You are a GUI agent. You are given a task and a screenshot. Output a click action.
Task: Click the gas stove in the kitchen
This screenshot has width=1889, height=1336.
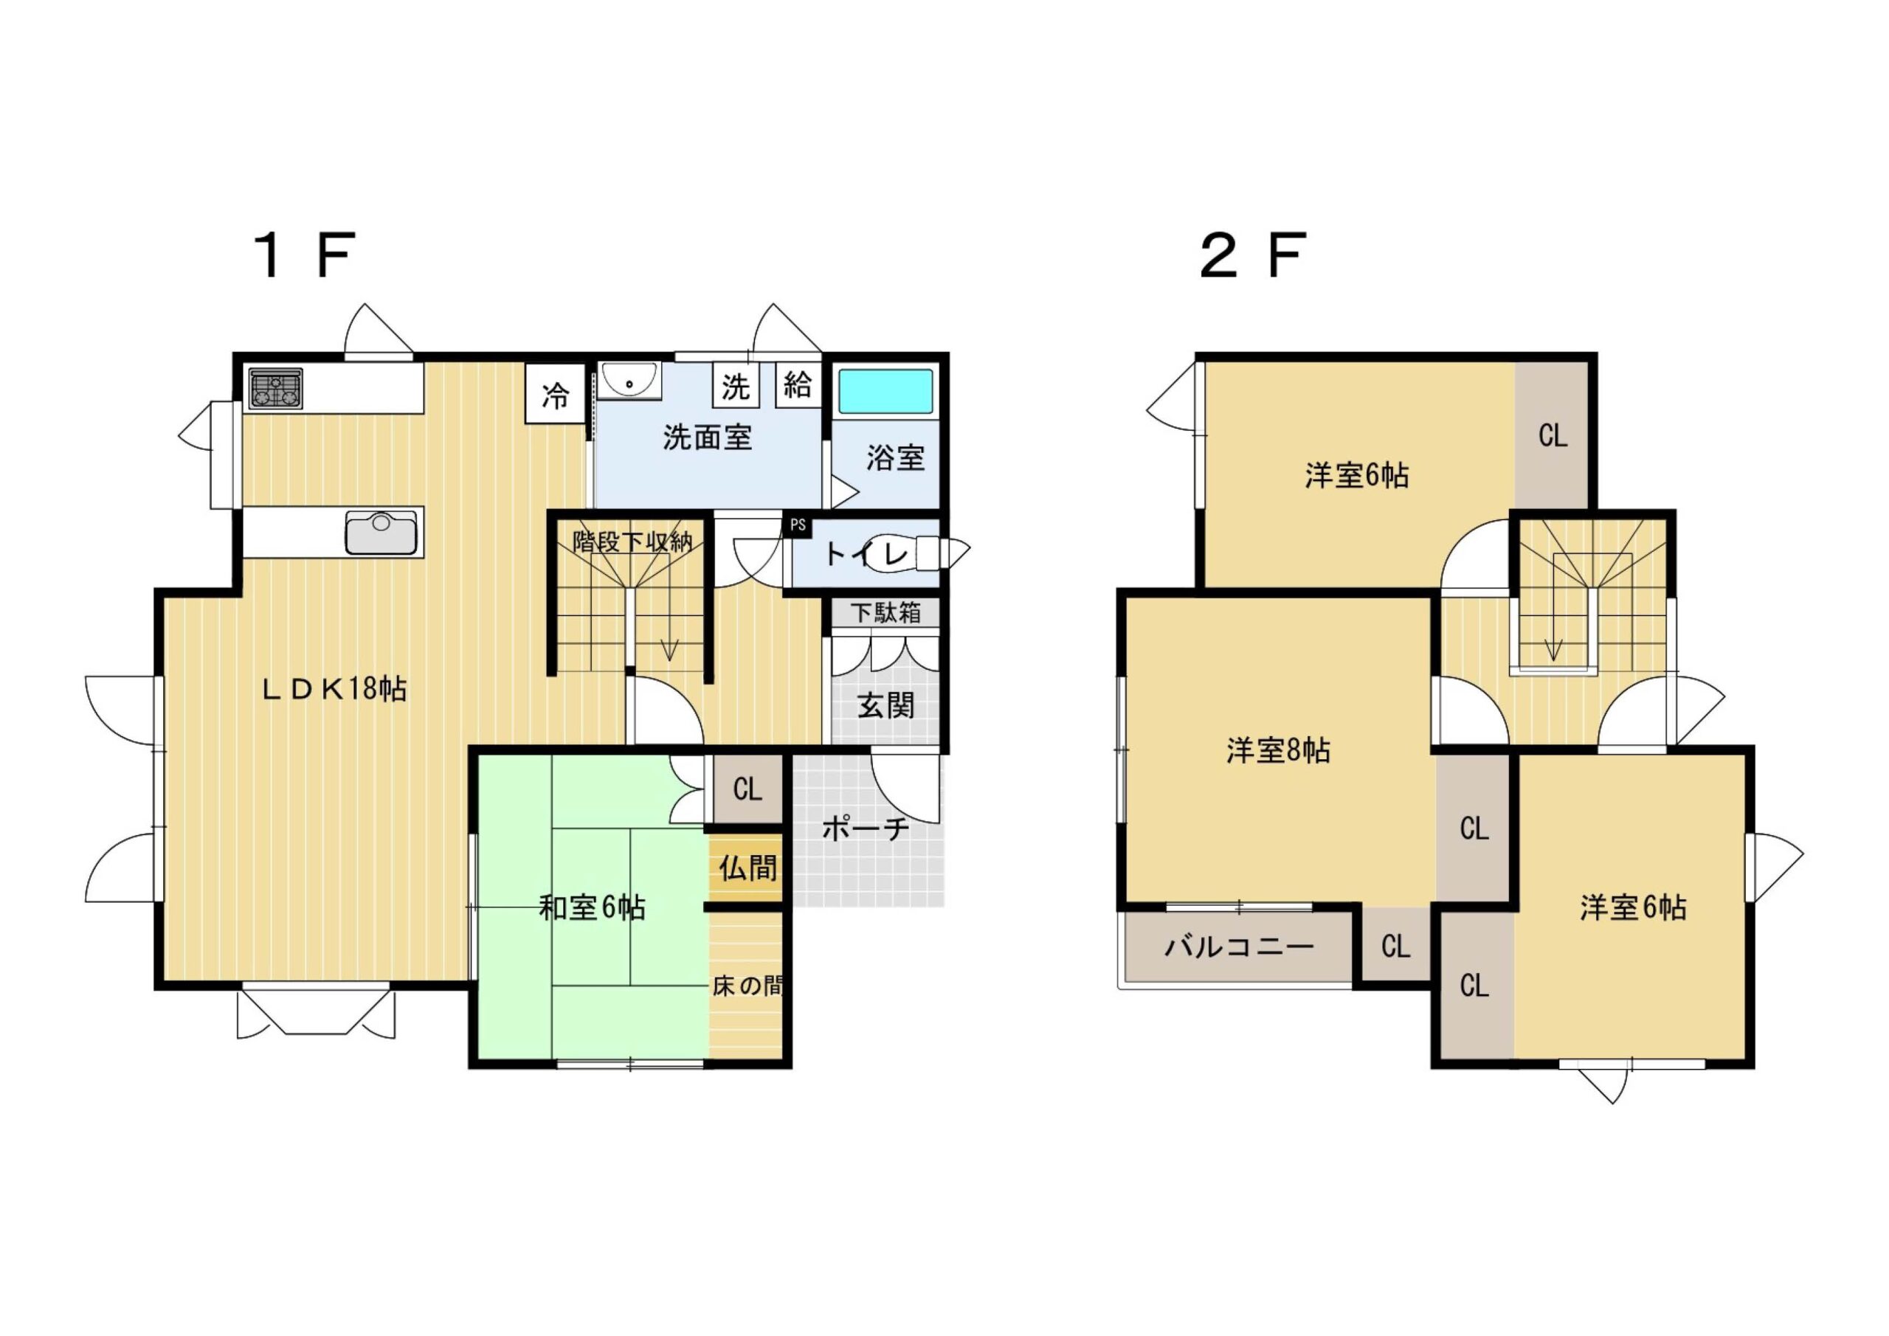276,387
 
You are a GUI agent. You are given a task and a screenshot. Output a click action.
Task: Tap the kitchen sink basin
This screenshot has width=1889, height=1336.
380,533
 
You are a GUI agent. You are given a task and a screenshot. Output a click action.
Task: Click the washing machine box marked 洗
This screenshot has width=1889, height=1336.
736,385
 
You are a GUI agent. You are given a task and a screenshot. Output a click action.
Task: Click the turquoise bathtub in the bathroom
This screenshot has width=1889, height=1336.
885,392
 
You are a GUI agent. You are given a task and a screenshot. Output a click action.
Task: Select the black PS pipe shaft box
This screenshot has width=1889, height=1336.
797,526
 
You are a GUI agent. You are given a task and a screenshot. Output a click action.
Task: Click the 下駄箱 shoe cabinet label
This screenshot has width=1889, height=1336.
885,612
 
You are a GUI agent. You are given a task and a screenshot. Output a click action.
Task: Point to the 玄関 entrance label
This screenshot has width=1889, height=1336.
886,705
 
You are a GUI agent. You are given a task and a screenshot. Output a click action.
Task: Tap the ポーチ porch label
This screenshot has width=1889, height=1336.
866,828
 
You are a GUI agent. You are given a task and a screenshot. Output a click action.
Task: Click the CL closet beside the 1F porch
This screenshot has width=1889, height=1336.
747,790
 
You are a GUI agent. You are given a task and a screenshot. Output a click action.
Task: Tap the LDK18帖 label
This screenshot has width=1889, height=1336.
334,688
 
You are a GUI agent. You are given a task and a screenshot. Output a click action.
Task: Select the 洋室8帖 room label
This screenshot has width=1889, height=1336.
1278,750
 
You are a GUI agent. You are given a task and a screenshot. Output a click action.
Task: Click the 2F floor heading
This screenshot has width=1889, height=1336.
1254,256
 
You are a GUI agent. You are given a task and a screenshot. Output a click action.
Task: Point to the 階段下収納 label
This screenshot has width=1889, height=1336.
632,541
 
